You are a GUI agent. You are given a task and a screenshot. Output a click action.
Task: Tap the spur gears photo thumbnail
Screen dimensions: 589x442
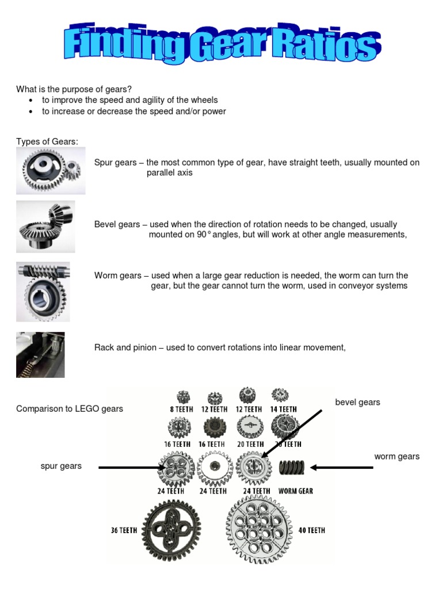coord(51,171)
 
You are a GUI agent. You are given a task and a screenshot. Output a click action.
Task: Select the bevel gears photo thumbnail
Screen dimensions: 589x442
coord(45,227)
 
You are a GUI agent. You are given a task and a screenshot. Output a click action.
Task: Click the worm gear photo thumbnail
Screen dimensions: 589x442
coord(43,291)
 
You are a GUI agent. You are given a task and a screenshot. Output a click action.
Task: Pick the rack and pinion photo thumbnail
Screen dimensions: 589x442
coord(40,354)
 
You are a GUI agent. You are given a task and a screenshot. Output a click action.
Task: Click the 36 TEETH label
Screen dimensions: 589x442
coord(124,530)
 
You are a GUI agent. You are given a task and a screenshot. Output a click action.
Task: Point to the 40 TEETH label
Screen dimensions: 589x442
coord(311,530)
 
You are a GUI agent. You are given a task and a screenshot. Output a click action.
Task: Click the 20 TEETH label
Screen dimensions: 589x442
coord(250,444)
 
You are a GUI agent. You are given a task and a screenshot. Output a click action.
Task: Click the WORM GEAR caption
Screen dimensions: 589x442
coord(295,491)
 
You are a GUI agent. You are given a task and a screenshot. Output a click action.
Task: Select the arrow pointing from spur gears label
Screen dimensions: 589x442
coord(132,468)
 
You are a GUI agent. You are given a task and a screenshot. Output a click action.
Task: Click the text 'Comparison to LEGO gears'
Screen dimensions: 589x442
coord(70,409)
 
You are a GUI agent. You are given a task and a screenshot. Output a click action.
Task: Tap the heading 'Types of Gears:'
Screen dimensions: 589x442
coord(47,142)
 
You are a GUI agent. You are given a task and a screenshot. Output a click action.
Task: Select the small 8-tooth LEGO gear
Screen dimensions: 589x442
coord(184,396)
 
